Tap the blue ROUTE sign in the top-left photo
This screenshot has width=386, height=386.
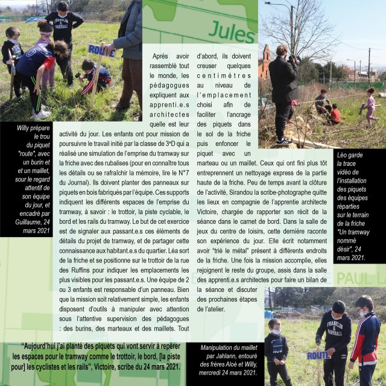pyautogui.click(x=101, y=51)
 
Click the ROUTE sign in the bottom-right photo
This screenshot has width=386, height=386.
pyautogui.click(x=317, y=355)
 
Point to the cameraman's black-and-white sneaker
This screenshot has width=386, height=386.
pyautogui.click(x=283, y=141)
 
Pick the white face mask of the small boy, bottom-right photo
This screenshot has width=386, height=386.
pyautogui.click(x=276, y=331)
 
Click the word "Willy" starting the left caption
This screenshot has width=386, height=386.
pyautogui.click(x=10, y=128)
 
